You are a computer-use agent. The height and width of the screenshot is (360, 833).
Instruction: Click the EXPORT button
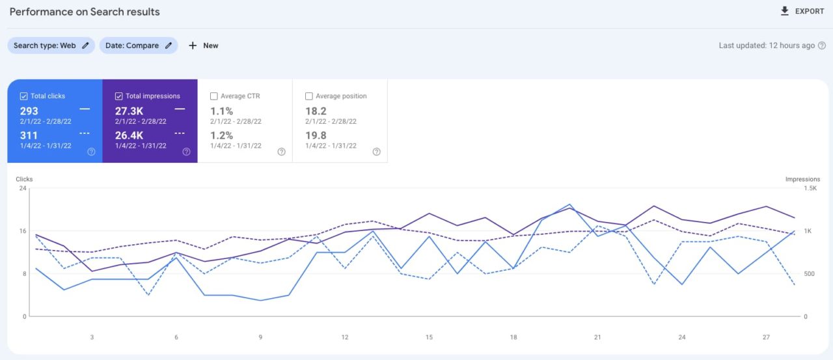(802, 11)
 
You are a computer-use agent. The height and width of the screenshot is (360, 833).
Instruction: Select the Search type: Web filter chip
(51, 46)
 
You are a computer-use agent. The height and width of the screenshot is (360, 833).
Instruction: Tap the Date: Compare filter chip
(138, 46)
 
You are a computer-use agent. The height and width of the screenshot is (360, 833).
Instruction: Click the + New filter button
(203, 46)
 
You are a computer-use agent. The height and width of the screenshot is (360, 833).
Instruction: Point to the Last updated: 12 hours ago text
(767, 46)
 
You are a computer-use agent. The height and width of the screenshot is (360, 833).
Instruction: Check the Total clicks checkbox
(24, 96)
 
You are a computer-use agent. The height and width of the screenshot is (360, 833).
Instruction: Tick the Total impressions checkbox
(118, 96)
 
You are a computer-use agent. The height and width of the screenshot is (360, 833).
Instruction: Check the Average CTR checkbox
(214, 96)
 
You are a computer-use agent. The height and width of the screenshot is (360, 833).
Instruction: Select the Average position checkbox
(309, 96)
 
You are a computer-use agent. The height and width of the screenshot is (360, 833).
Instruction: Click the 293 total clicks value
(29, 111)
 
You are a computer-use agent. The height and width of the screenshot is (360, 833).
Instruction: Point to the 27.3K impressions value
(129, 111)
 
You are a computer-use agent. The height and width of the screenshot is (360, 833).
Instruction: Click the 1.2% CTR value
(221, 135)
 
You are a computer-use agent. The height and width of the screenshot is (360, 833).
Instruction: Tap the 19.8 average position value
(316, 135)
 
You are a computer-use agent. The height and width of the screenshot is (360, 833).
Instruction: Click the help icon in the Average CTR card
(281, 152)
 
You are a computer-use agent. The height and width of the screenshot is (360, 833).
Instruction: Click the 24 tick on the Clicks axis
(23, 188)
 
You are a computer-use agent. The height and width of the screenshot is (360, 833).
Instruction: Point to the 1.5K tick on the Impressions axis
(810, 188)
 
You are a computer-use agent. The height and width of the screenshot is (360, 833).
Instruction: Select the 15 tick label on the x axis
(429, 337)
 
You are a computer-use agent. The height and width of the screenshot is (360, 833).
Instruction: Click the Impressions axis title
(802, 179)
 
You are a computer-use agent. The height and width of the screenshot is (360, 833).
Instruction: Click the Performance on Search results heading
(85, 12)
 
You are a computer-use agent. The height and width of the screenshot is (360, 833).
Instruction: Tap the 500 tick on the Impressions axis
(810, 274)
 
